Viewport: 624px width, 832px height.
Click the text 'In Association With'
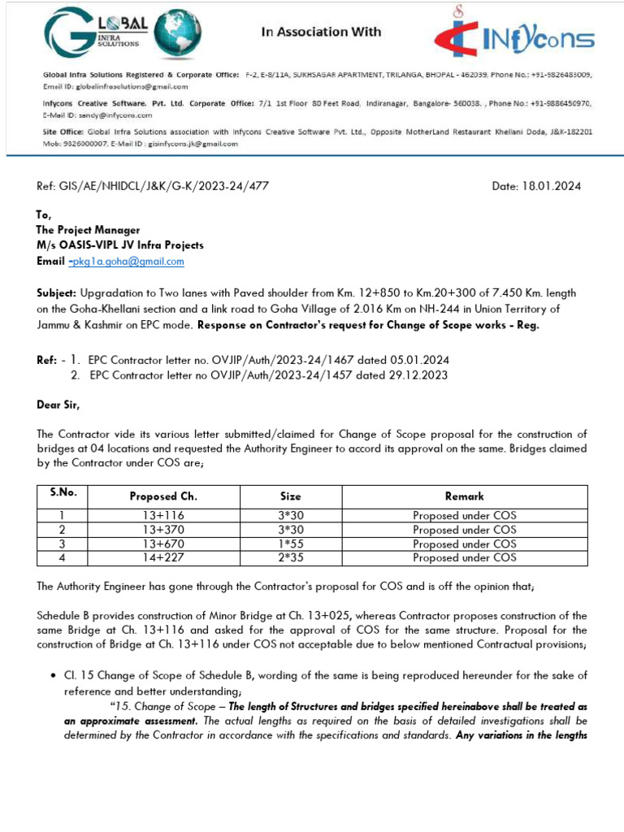point(320,32)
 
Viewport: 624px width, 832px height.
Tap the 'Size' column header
point(290,496)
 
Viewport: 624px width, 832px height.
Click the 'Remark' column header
point(464,496)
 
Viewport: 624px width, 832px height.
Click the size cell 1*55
point(290,544)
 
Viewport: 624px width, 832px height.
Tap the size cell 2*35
point(290,557)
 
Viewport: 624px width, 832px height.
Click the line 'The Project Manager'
point(88,230)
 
